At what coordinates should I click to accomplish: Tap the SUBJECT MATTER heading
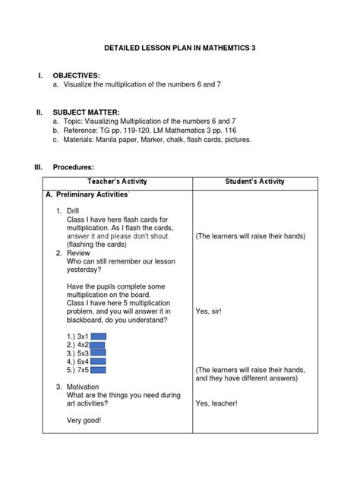[x=85, y=111]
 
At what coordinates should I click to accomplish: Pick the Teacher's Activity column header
[x=118, y=182]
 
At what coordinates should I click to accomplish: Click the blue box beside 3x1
[x=97, y=334]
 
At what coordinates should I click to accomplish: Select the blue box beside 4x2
[x=97, y=343]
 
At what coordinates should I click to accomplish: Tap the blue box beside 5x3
[x=97, y=352]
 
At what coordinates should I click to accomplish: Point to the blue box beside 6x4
[x=97, y=362]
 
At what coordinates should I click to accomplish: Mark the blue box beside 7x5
[x=97, y=371]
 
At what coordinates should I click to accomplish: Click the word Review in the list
[x=77, y=254]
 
